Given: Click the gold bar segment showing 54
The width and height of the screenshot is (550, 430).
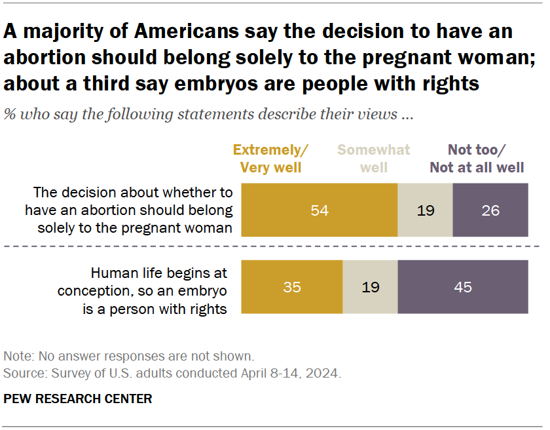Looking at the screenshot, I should point(320,210).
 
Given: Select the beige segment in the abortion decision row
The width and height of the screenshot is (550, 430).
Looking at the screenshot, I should point(425,210).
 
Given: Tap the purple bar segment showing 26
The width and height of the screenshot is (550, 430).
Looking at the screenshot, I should point(490,210).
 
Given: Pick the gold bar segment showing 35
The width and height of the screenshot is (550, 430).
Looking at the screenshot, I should point(292,287).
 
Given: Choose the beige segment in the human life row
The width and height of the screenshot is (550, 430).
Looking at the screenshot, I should point(370,287).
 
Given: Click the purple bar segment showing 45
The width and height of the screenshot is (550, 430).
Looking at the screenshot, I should point(463,287).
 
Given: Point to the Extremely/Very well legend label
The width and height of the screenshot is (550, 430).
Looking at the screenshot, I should point(270,159).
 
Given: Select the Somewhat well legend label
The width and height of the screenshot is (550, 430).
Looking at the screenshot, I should point(374,159).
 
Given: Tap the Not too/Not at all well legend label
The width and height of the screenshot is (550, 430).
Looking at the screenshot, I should point(477,159).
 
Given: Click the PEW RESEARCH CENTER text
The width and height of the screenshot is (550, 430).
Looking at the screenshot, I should point(78,399).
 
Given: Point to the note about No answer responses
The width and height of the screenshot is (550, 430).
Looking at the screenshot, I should point(128,357).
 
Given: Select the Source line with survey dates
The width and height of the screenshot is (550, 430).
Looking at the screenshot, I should point(172,374).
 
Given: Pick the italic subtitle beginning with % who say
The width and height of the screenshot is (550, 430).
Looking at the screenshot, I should point(208,114).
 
